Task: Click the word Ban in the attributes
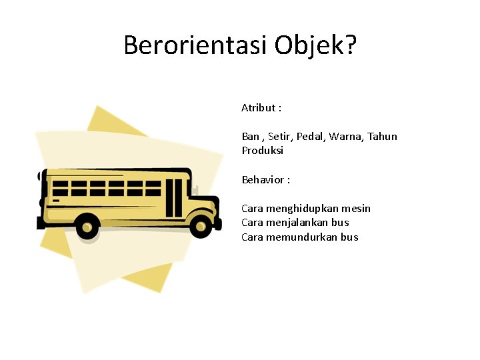251,137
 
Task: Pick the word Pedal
310,137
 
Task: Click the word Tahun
383,137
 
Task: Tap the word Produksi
262,151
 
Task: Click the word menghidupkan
303,209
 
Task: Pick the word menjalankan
301,223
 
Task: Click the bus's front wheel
199,227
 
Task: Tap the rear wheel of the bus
87,227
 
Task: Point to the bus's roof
113,173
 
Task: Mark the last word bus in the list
349,237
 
